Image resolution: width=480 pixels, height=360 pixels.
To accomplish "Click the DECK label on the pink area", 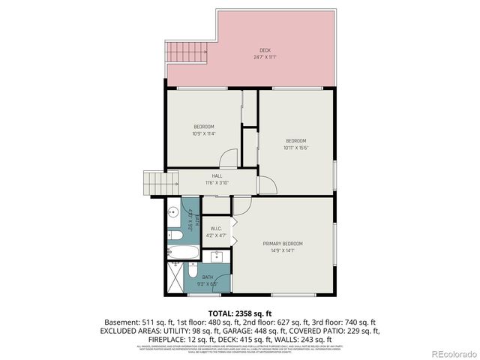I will [x=265, y=50].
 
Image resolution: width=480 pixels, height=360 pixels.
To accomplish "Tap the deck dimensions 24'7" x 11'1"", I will [x=265, y=57].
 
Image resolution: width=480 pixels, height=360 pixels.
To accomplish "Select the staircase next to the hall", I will [x=154, y=183].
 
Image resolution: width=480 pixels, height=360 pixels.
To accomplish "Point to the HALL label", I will [x=217, y=176].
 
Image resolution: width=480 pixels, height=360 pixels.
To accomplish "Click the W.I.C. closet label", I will [x=216, y=229].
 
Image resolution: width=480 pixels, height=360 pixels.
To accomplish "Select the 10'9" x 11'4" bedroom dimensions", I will [x=204, y=133].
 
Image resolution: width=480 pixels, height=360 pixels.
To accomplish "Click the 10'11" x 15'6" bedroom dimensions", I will [x=295, y=148].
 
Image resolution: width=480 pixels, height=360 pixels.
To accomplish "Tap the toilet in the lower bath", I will [x=193, y=268].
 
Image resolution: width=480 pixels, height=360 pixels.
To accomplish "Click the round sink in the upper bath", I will [x=171, y=211].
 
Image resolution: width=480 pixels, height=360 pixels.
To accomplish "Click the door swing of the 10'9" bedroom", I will [x=229, y=158].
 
